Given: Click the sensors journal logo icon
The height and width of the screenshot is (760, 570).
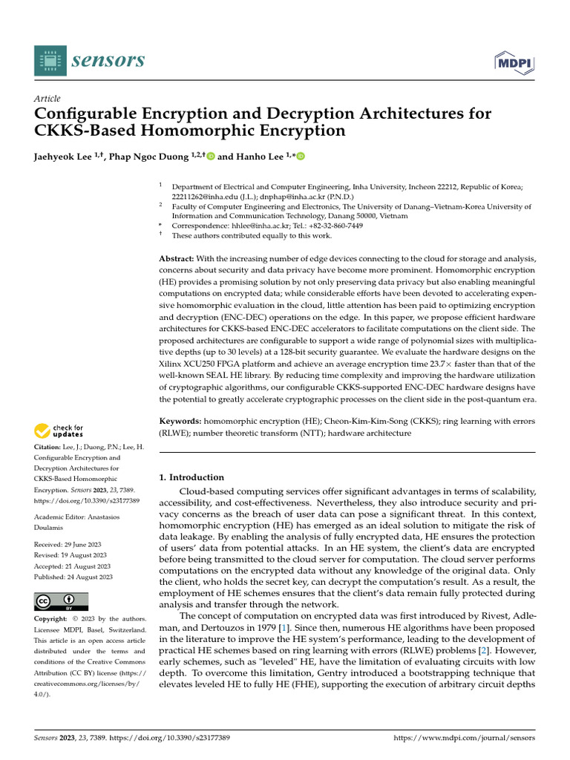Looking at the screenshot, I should point(50,60).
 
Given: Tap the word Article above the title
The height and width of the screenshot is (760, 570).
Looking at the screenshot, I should point(47,99).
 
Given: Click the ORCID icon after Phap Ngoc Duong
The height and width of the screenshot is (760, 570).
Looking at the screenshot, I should point(210,157).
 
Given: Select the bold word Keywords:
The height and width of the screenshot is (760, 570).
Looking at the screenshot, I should point(181,421).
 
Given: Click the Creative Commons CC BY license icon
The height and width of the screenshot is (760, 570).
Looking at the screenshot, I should point(62,602).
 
